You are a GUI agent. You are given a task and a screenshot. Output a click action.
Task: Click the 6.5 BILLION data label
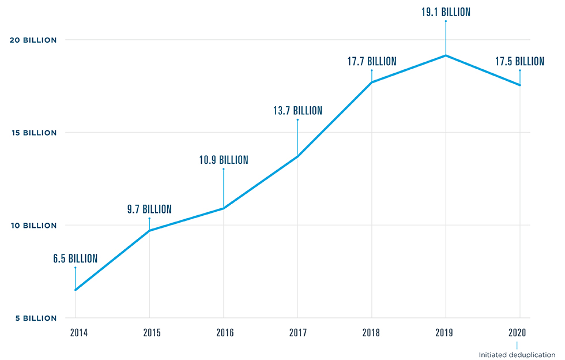[75, 259]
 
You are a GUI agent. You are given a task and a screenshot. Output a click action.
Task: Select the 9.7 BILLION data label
[149, 209]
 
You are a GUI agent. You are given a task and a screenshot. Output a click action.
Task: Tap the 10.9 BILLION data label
[224, 160]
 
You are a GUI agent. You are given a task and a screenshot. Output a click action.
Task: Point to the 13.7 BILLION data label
[297, 111]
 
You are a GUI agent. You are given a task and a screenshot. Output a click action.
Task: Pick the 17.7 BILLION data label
[372, 61]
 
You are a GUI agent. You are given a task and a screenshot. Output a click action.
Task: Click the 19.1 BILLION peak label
[446, 12]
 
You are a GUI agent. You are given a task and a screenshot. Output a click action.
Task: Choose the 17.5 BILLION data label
[520, 61]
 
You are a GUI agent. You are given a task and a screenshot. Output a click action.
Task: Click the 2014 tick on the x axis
[75, 332]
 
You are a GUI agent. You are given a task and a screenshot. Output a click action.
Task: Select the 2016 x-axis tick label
[224, 332]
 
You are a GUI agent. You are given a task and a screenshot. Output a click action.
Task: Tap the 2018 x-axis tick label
[372, 332]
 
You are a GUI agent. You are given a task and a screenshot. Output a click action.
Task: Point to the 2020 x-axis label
[520, 332]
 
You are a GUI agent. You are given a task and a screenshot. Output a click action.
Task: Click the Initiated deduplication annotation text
[517, 355]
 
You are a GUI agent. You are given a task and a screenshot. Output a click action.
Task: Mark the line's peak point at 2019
[446, 55]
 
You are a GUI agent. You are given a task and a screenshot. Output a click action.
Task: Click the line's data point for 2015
[149, 231]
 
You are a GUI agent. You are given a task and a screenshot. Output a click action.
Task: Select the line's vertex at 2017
[297, 156]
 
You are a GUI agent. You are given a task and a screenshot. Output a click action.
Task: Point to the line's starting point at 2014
[75, 290]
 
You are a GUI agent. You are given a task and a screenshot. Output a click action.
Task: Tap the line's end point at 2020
[520, 85]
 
